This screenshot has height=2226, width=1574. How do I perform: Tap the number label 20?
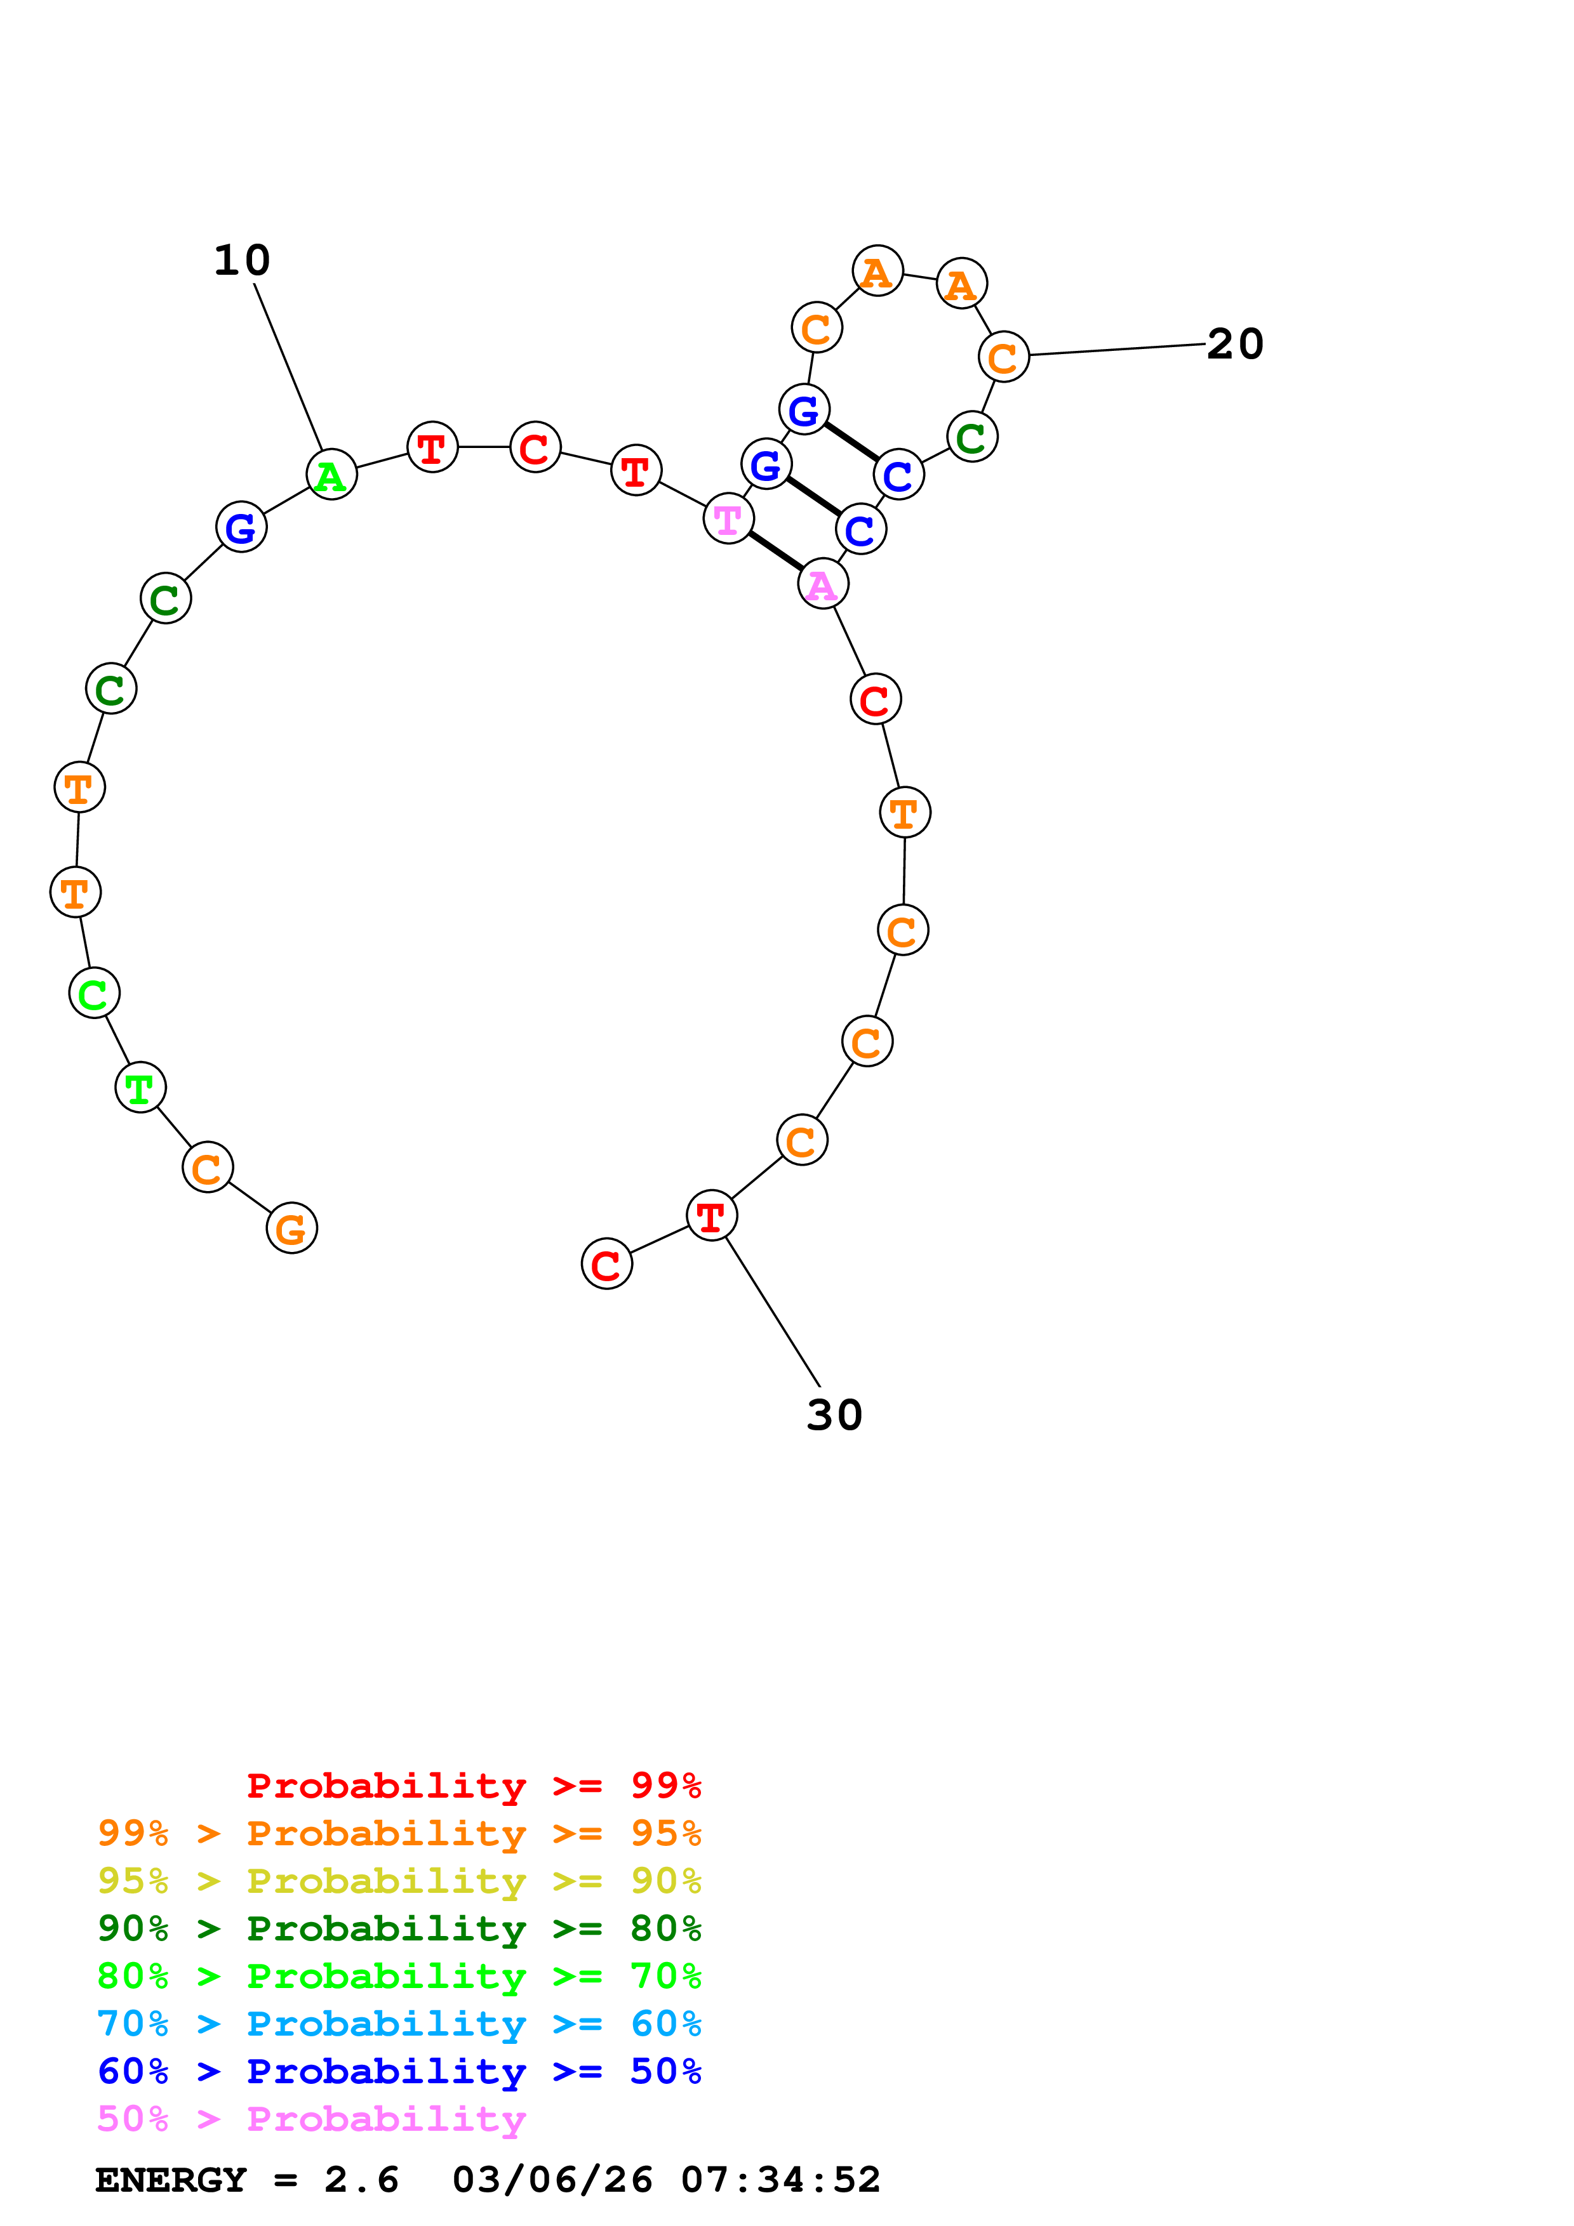coord(1234,344)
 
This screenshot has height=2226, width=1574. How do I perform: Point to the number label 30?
coord(834,1416)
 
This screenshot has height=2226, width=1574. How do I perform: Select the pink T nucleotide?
coord(728,520)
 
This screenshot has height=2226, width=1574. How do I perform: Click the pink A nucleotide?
coord(822,584)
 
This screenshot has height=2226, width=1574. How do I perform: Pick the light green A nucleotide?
coord(331,475)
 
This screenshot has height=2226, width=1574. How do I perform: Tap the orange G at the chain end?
coord(291,1228)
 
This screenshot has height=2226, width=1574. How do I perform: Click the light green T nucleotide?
coord(140,1088)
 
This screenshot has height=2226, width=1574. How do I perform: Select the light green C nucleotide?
coord(94,994)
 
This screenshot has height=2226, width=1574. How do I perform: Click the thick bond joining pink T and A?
coord(775,551)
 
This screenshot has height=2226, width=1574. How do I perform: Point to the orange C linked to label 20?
coord(1003,357)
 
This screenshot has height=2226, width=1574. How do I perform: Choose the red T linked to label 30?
coord(711,1216)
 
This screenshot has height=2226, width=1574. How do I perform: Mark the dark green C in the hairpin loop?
coord(971,437)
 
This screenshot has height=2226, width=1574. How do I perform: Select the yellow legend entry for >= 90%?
coord(399,1881)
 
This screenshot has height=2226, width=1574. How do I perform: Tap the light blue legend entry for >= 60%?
coord(399,2024)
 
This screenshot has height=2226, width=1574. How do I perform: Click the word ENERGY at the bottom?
coord(171,2180)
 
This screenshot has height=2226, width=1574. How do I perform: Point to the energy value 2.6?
coord(361,2180)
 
